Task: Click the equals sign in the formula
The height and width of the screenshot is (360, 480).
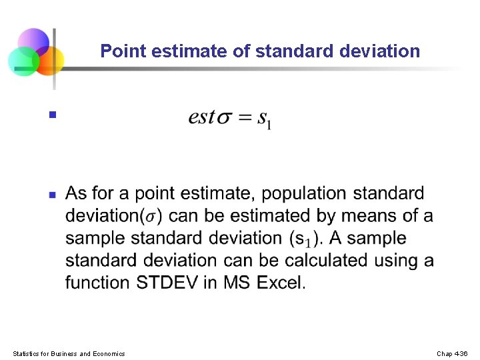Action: pos(245,118)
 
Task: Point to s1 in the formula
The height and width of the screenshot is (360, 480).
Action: pos(264,120)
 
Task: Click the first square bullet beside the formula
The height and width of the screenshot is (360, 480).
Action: pos(51,115)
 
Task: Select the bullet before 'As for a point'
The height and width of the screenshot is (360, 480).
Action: pos(51,195)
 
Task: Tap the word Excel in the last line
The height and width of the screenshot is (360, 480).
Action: pos(281,283)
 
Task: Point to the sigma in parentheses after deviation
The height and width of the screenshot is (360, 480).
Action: pos(153,217)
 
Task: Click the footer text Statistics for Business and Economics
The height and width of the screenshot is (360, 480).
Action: pos(69,353)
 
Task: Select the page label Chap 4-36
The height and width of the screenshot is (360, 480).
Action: pos(452,353)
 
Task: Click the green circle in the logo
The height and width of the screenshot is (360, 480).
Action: pos(23,61)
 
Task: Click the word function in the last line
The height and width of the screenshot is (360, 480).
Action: pos(97,283)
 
